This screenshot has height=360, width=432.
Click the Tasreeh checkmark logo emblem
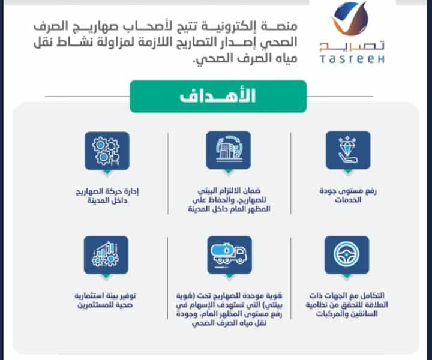(350, 19)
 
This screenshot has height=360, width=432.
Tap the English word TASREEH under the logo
(352, 59)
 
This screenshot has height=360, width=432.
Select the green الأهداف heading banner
(218, 97)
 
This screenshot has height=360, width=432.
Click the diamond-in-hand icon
(348, 150)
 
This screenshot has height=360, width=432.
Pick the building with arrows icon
(229, 150)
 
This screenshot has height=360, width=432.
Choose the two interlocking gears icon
(107, 151)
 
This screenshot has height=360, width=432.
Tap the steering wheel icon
(347, 255)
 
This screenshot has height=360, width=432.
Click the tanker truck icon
(229, 255)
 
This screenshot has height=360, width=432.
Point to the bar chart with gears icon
(106, 255)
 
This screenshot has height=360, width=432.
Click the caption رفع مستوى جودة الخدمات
(348, 195)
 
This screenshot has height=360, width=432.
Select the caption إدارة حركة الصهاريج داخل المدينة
(107, 196)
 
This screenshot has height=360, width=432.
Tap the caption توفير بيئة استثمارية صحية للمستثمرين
(105, 300)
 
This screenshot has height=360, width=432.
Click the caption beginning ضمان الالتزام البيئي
(229, 200)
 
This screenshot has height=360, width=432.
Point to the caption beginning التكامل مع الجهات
(347, 305)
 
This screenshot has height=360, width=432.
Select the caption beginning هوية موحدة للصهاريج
(229, 309)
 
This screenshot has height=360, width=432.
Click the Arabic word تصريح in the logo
(352, 46)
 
